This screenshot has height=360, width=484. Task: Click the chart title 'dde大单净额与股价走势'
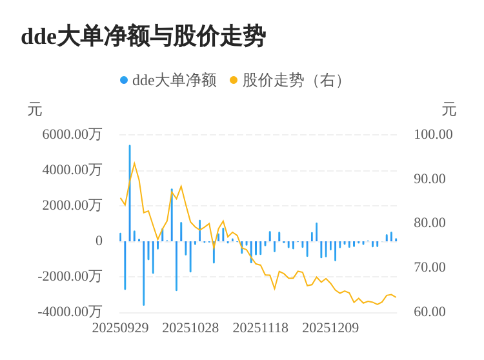coord(143,36)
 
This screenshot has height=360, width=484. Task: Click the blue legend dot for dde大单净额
coord(124,80)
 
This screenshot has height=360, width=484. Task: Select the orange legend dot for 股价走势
coord(234,80)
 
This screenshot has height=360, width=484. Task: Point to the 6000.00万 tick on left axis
coord(72,134)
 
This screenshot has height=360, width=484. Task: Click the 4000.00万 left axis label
coord(72,170)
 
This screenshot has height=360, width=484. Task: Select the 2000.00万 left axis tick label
coord(72,205)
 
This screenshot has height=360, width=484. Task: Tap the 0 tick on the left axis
coord(99,241)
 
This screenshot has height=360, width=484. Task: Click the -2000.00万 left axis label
coord(70,276)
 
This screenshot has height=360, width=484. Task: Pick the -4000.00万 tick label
coord(70,312)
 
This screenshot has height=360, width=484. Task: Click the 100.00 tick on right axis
coord(433,134)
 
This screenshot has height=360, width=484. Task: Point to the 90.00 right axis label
coord(430,179)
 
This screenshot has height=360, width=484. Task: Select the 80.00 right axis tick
coord(430,223)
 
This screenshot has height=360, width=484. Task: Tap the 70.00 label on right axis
coord(430,267)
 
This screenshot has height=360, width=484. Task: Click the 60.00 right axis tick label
coord(430,312)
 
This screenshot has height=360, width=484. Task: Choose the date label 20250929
coord(120,328)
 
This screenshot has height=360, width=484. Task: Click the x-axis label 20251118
coord(261,328)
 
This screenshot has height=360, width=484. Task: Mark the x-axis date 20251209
coord(330,328)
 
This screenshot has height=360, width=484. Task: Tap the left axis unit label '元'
coord(35,110)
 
